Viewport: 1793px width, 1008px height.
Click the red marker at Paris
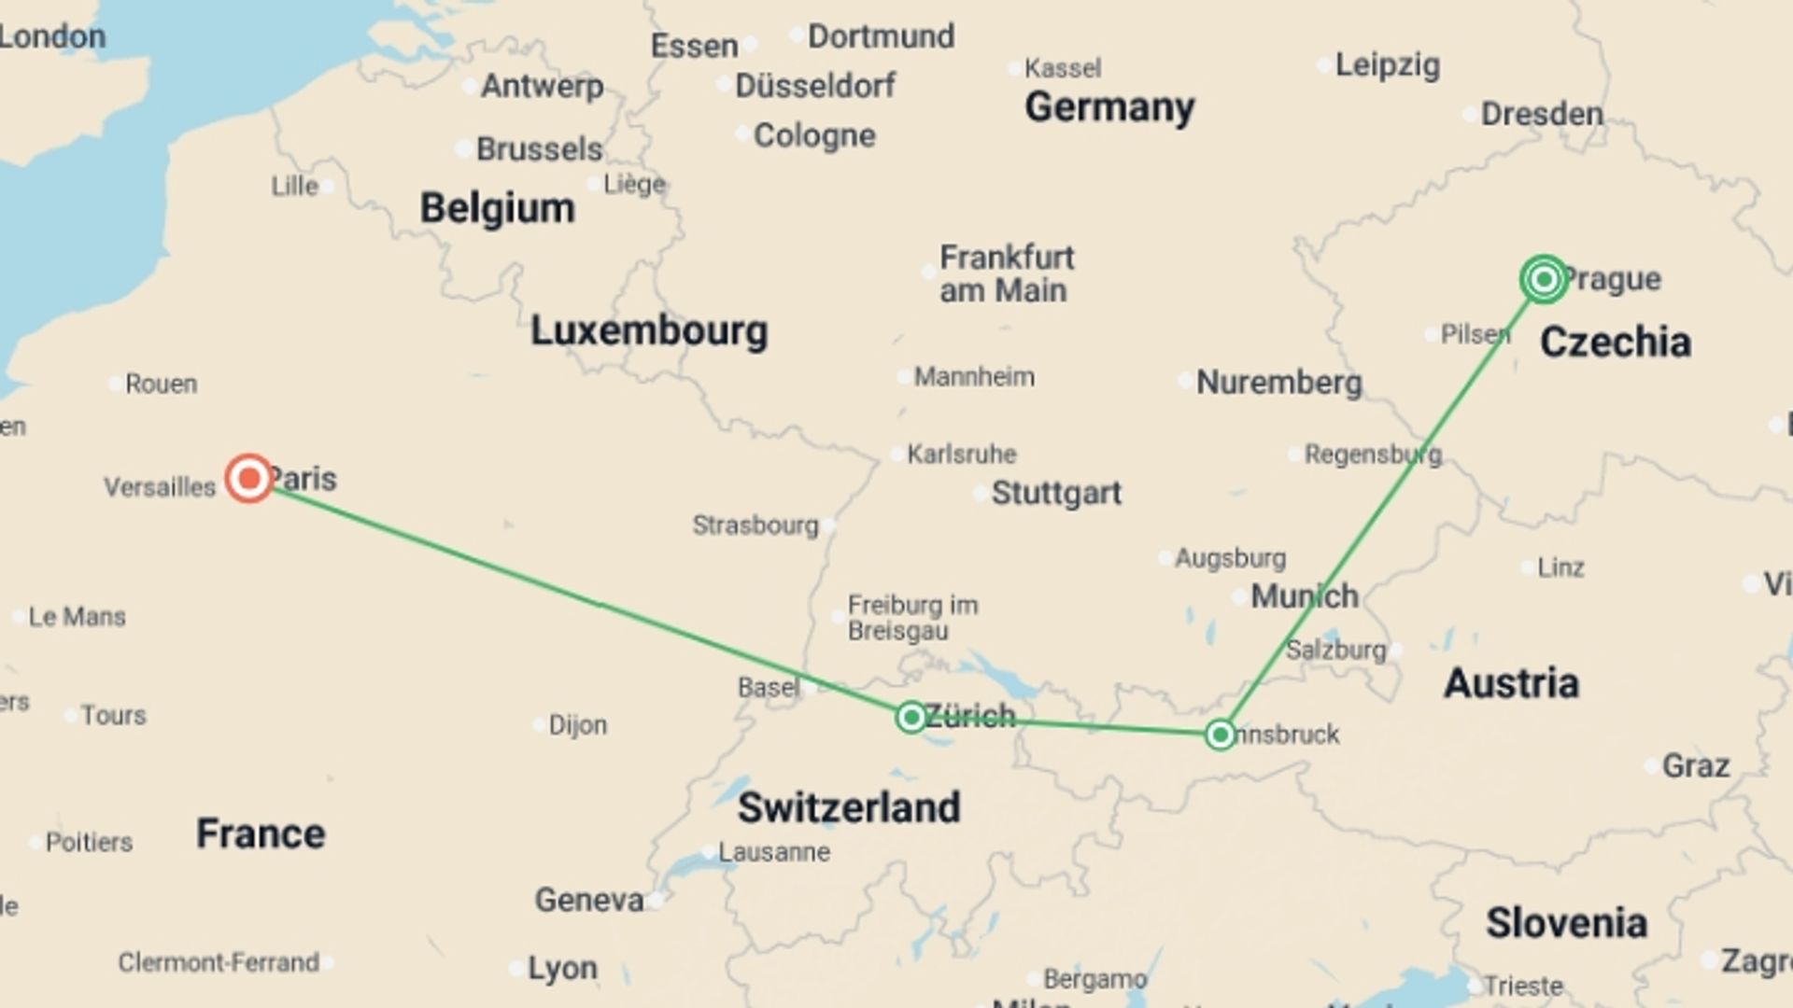click(249, 479)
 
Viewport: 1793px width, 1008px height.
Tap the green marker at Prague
click(1544, 278)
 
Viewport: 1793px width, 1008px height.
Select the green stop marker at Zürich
click(911, 717)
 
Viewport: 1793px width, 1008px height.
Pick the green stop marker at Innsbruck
click(1220, 735)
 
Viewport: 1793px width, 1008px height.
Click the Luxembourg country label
click(649, 331)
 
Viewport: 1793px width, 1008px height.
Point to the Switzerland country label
click(848, 807)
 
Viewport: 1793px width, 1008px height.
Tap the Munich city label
click(1304, 595)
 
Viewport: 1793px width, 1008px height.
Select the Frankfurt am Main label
click(1005, 273)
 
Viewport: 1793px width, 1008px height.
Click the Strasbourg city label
click(755, 525)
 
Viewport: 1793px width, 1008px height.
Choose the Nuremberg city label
click(1278, 382)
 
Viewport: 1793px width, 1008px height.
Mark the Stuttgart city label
click(1055, 493)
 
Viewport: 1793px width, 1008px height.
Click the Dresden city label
click(1541, 114)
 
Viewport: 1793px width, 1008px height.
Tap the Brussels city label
click(539, 148)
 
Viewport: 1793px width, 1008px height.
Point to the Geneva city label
click(588, 900)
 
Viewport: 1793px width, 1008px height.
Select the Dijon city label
click(577, 725)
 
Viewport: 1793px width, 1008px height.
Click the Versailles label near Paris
click(159, 487)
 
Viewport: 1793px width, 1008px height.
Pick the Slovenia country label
click(1566, 923)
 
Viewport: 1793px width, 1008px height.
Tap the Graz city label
click(1695, 766)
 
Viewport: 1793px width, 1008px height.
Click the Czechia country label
click(1615, 343)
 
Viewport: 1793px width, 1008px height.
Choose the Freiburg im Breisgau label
click(911, 618)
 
